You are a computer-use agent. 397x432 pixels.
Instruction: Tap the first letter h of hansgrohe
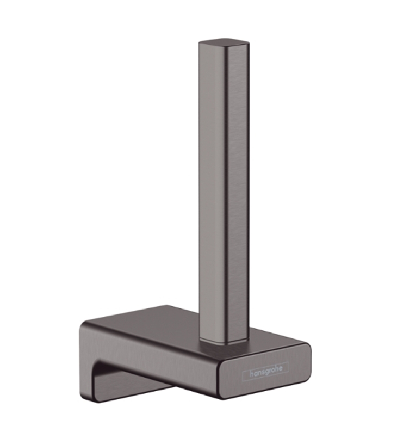click(x=252, y=374)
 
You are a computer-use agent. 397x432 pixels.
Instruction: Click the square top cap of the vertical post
click(x=224, y=44)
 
